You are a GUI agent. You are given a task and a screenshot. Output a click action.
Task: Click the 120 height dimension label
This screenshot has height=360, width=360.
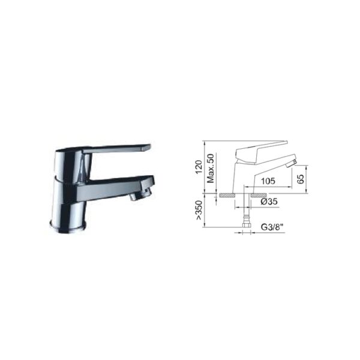coord(199,167)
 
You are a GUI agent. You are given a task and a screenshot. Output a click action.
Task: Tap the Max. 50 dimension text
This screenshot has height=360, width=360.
coord(211,168)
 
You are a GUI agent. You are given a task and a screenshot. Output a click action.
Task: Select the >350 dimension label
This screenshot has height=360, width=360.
coord(199,211)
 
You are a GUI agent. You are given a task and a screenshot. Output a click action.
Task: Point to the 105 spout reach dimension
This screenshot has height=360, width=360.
coord(268,181)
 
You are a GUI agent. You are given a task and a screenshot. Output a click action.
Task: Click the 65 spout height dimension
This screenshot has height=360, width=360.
coord(301,179)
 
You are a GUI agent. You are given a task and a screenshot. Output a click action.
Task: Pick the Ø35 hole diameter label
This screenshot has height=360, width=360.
coord(269,202)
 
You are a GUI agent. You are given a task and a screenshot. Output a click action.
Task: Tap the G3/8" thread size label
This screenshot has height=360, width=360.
coord(272,227)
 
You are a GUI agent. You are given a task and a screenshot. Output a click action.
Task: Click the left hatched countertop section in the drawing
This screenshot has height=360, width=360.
coord(227,195)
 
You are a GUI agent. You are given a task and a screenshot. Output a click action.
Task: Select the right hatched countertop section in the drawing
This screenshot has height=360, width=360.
coord(258,195)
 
